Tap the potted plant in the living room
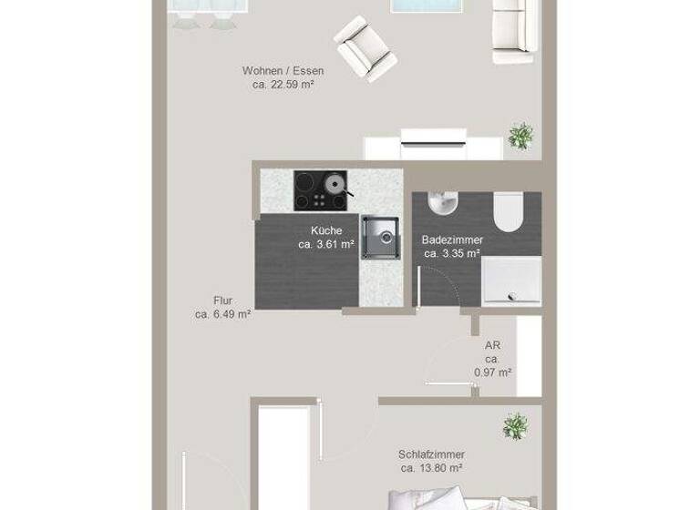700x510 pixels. pyautogui.click(x=520, y=137)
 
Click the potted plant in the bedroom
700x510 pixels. pyautogui.click(x=516, y=425)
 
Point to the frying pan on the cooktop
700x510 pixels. pyautogui.click(x=335, y=185)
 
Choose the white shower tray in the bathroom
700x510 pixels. pyautogui.click(x=510, y=277)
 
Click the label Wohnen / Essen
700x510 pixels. pyautogui.click(x=283, y=70)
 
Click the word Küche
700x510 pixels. pyautogui.click(x=325, y=230)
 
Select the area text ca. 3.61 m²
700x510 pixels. pyautogui.click(x=325, y=244)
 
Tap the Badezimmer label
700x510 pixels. pyautogui.click(x=451, y=240)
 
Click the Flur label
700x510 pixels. pyautogui.click(x=222, y=299)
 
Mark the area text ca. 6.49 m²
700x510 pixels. pyautogui.click(x=222, y=313)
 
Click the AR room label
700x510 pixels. pyautogui.click(x=491, y=345)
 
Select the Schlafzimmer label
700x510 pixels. pyautogui.click(x=431, y=454)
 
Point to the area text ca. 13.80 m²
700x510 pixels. pyautogui.click(x=431, y=468)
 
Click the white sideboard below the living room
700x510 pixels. pyautogui.click(x=434, y=147)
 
